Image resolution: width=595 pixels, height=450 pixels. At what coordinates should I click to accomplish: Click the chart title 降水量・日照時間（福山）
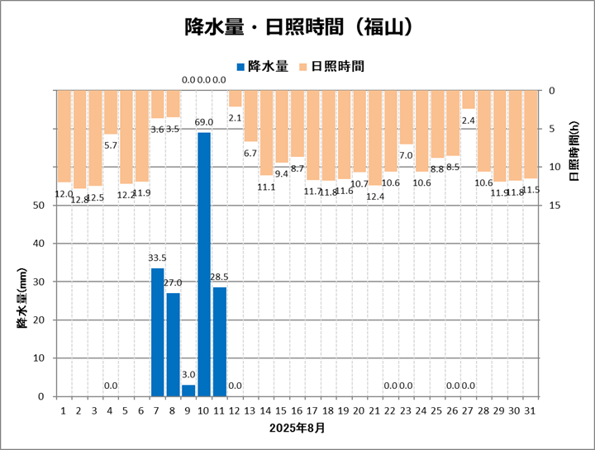[297, 28]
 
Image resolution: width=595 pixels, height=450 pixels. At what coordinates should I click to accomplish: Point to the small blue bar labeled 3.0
[188, 391]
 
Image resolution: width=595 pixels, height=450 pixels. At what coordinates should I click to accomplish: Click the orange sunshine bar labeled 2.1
[236, 98]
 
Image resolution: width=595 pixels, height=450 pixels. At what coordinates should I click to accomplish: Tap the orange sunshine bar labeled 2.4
[469, 99]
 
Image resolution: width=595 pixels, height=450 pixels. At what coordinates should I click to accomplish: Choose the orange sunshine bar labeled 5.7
[111, 111]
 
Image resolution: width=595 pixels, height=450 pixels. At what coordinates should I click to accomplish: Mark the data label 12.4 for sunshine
[375, 197]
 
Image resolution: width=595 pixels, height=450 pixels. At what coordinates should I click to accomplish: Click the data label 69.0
[204, 122]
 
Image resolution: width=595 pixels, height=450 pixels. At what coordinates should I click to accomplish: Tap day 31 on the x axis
[531, 410]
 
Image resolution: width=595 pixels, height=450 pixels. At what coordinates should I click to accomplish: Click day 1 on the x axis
[64, 410]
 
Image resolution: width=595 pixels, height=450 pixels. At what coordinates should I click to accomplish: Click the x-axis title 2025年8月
[297, 429]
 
